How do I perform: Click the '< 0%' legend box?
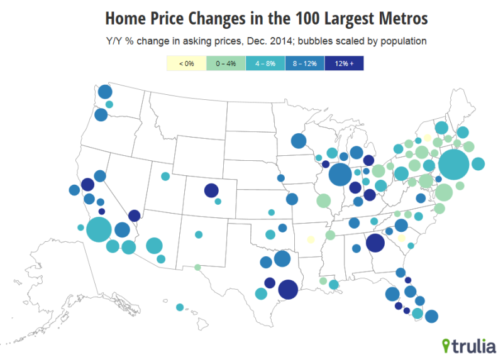coord(186,63)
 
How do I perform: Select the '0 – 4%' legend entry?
coord(226,63)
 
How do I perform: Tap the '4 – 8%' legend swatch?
coord(265,63)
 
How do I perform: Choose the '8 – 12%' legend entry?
coord(305,63)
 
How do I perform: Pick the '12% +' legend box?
coord(344,63)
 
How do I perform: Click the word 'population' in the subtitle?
coord(403,41)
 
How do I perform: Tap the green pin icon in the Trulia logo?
coord(446,346)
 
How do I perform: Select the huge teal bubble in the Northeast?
coord(453,165)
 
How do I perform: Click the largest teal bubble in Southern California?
coord(99,229)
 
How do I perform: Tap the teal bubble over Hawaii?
coord(180,307)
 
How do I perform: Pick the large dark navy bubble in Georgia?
coord(375,243)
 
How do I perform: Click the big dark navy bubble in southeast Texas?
coord(288,290)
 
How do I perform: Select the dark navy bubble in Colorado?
coord(211,190)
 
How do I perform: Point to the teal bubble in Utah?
coord(165,176)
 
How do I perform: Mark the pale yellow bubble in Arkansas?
coord(311,239)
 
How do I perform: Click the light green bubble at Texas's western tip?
coord(197,268)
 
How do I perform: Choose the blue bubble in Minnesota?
coord(299,141)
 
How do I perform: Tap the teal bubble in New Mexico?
coord(199,234)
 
